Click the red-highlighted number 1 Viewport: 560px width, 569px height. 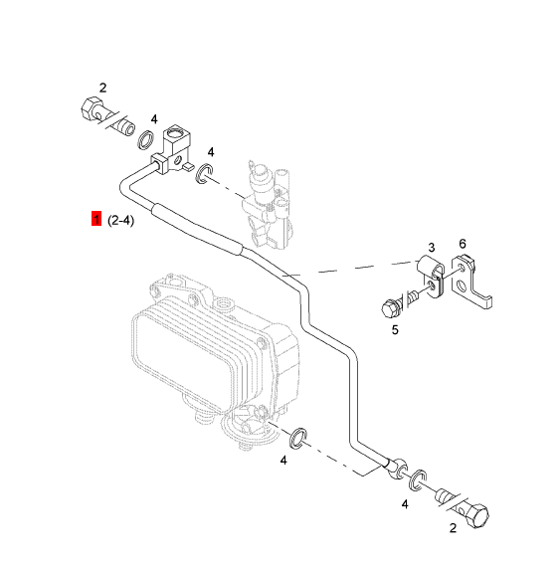[96, 219]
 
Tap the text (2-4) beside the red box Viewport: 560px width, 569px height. [121, 220]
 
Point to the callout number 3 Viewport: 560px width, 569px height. [431, 248]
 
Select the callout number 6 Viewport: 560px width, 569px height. [462, 244]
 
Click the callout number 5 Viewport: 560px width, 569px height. [395, 330]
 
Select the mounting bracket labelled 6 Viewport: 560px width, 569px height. [471, 282]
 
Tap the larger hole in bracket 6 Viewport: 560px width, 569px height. [462, 286]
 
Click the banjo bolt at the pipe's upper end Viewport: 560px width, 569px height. [107, 116]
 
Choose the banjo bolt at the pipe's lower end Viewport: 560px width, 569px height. [462, 506]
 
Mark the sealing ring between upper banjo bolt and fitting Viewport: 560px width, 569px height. [146, 139]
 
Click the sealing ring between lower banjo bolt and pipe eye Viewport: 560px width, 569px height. [417, 479]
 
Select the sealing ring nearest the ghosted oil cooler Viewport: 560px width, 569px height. [298, 438]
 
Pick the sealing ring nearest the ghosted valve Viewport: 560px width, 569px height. [204, 173]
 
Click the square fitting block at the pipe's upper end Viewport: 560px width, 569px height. [171, 149]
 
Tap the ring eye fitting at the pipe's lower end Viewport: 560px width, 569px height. [398, 469]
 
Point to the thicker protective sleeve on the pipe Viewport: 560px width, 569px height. [196, 229]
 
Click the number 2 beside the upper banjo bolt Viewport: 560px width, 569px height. [103, 88]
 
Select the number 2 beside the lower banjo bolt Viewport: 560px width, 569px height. [453, 528]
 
